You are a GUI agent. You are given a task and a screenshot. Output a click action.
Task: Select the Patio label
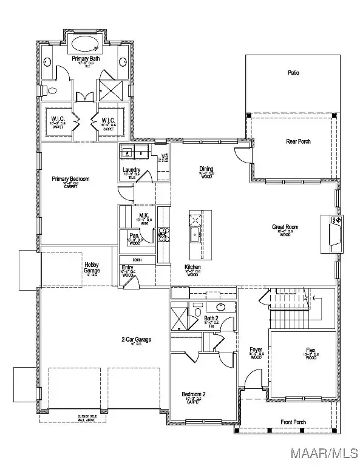point(293,73)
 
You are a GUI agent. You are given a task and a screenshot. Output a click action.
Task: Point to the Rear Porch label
point(298,141)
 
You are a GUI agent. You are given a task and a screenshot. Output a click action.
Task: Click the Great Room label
point(285,228)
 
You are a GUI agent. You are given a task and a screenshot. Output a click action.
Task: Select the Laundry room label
point(132,170)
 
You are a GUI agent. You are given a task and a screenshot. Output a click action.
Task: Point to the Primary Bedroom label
point(71,179)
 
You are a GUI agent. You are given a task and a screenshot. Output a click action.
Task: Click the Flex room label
point(310,351)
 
